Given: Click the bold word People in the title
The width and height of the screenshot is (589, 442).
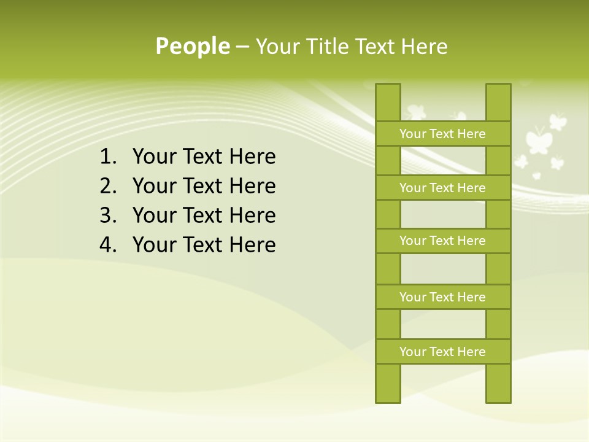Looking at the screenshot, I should (192, 46).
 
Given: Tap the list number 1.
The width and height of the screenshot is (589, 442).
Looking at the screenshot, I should (107, 157).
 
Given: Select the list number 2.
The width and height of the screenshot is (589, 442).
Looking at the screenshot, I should (107, 186).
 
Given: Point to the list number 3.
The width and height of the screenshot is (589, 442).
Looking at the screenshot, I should (107, 215).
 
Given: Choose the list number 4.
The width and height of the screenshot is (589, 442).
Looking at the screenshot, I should (107, 245).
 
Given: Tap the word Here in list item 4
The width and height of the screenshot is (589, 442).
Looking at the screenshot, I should (252, 245).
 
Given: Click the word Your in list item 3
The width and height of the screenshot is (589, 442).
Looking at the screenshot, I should (153, 215).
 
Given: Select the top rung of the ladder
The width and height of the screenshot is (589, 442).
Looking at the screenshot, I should (443, 134).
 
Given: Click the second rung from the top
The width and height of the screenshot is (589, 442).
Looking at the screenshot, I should (443, 188).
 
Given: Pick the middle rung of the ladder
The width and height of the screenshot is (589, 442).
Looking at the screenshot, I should (443, 241).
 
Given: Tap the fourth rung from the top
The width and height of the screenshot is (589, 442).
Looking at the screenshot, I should (443, 297).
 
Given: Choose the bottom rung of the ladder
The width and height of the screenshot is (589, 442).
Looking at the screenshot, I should (443, 352).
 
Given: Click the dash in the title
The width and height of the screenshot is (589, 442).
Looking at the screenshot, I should (242, 47).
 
